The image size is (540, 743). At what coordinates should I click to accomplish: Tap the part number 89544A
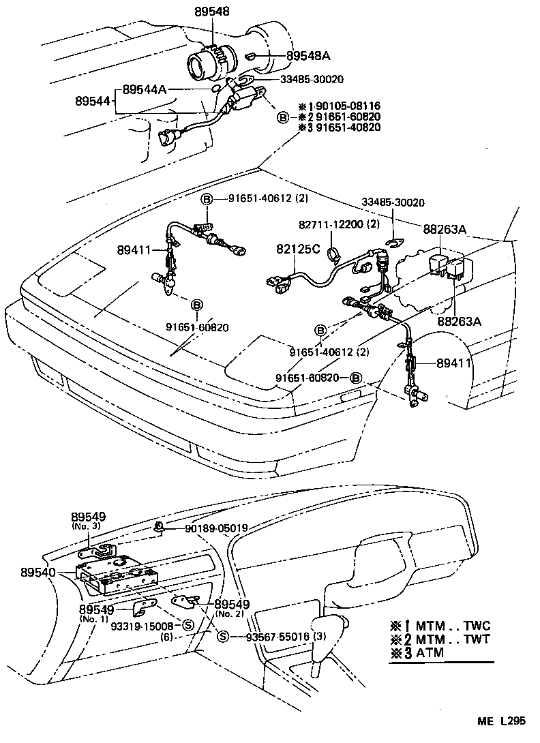coord(145,89)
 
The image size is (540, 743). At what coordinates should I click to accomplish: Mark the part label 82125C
coord(298,249)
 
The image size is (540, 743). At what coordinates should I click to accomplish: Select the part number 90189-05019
coord(215,528)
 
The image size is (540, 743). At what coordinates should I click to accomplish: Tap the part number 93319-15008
coord(144,625)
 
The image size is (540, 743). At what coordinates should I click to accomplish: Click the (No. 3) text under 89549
coord(87,526)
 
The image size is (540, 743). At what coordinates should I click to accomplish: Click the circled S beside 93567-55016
coord(222,637)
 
